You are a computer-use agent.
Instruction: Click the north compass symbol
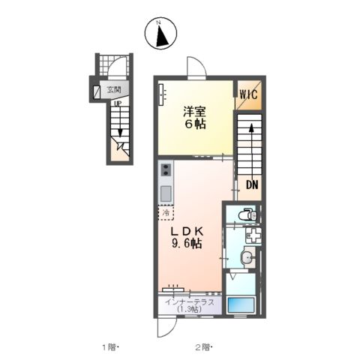coord(160,33)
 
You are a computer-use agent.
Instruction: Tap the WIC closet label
coord(248,94)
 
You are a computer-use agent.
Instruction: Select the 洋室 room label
coord(195,112)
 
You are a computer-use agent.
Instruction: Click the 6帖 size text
coord(196,124)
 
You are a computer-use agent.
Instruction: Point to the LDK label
coord(187,232)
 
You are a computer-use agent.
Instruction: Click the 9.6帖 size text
coord(187,243)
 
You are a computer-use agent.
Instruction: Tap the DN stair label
coord(252,185)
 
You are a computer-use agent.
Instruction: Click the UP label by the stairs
coord(117,103)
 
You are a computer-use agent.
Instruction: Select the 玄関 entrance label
coord(114,89)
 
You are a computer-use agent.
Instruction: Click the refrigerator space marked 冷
coord(166,213)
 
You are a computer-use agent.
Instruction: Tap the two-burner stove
coord(166,169)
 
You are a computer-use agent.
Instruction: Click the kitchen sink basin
coord(166,193)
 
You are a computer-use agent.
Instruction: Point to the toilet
coord(247,214)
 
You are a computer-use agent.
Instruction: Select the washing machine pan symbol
coord(253,235)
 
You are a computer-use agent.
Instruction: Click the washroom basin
coord(248,257)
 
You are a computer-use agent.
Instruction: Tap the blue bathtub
coord(241,304)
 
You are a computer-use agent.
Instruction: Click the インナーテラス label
coord(190,302)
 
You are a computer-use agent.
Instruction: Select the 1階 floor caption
coord(109,347)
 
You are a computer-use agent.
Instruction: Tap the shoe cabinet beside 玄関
coord(96,91)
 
